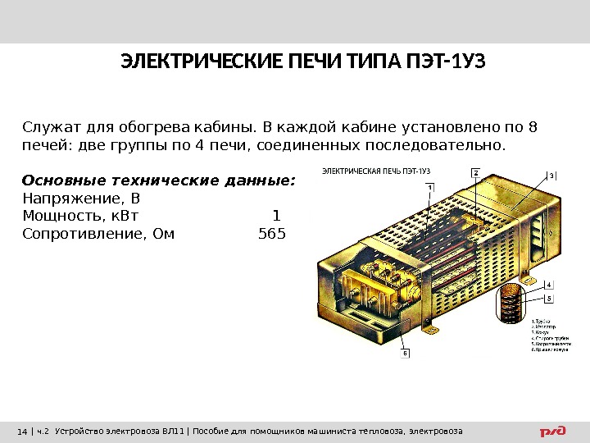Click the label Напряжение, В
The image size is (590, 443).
pos(81,199)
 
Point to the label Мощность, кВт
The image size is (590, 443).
pos(80,217)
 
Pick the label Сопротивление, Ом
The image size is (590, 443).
pos(98,235)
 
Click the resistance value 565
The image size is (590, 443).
pos(272,235)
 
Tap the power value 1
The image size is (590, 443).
pos(276,217)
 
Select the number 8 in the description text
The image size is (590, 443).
pos(533,127)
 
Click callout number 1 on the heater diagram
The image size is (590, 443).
pos(430,187)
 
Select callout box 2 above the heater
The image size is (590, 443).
pos(475,173)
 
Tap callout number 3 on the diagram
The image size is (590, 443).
pos(551,175)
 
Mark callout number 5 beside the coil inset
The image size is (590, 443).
pos(548,298)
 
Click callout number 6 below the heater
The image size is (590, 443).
pos(405,354)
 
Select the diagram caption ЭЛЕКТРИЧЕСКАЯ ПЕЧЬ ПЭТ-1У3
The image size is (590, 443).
pos(375,171)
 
